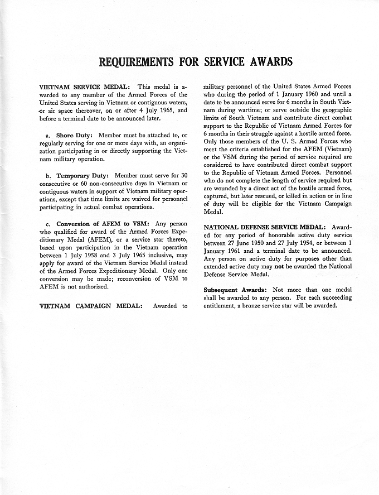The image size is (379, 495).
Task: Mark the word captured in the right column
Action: click(217, 196)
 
